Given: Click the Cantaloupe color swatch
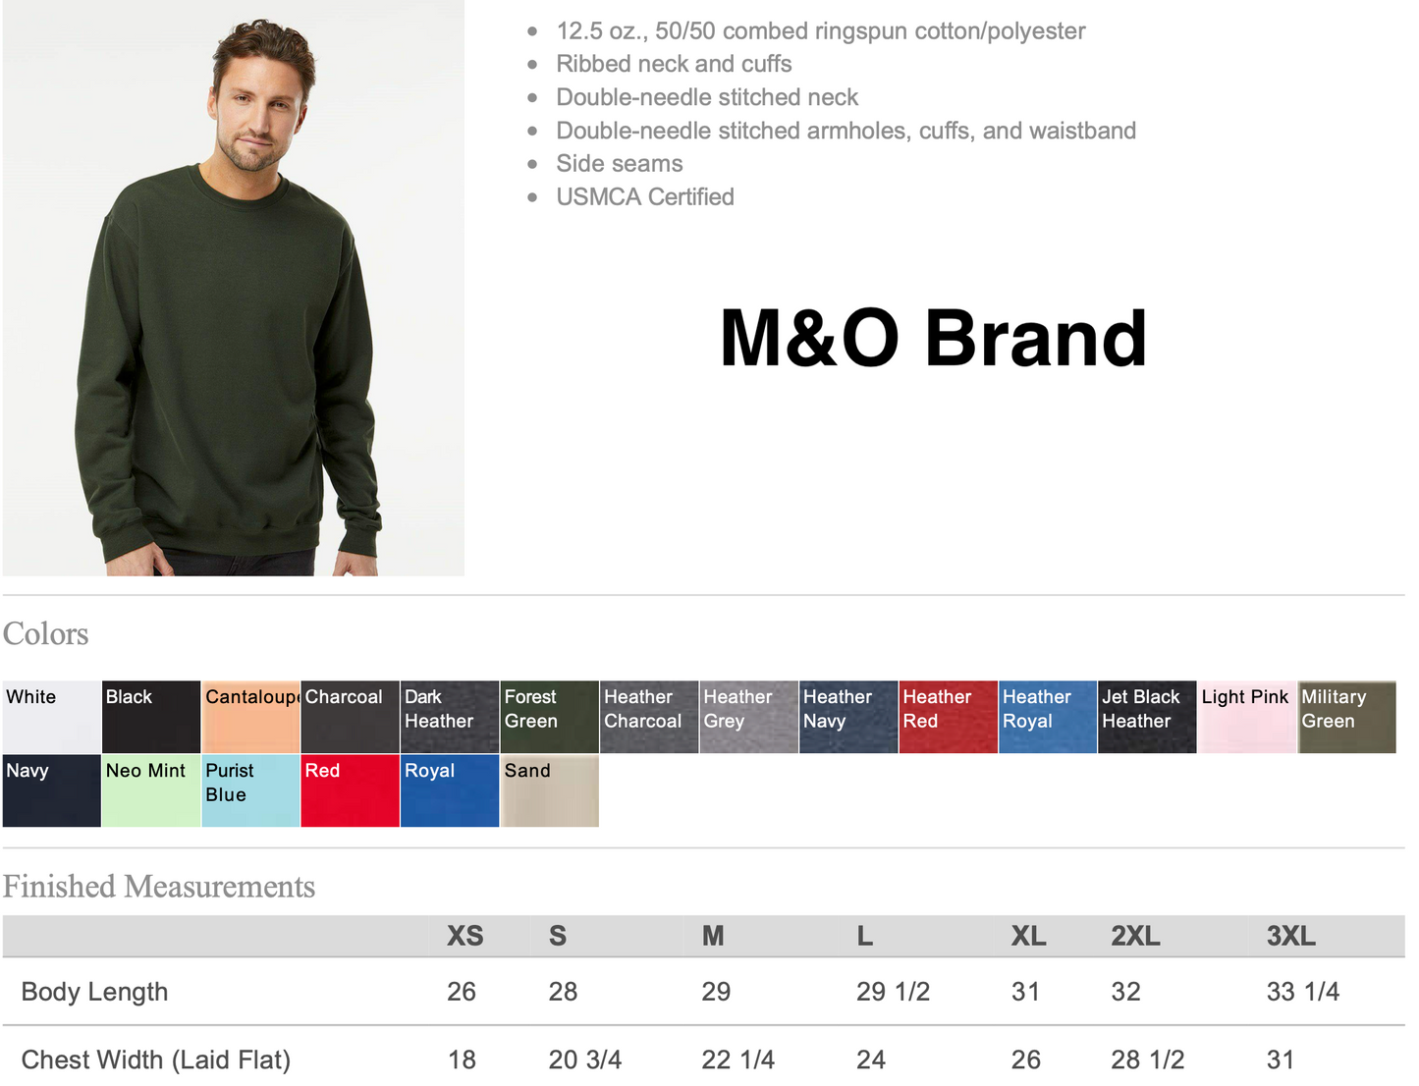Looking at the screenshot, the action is pyautogui.click(x=250, y=717).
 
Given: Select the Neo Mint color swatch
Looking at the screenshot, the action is pyautogui.click(x=151, y=790).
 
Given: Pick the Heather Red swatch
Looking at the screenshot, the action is pyautogui.click(x=949, y=717).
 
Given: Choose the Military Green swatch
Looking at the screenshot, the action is pyautogui.click(x=1346, y=717).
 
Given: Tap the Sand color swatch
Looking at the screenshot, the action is pyautogui.click(x=550, y=790).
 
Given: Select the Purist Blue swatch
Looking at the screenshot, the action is pyautogui.click(x=250, y=790).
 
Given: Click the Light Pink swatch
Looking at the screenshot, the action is pyautogui.click(x=1247, y=717).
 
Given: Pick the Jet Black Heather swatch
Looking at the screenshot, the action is pyautogui.click(x=1148, y=717).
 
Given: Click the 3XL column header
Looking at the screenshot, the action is pyautogui.click(x=1291, y=936).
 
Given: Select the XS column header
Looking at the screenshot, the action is pyautogui.click(x=464, y=936).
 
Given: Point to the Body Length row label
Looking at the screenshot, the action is pyautogui.click(x=94, y=993).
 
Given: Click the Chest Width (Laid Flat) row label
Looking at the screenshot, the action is pyautogui.click(x=156, y=1060).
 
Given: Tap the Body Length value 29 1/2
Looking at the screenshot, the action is pyautogui.click(x=893, y=992).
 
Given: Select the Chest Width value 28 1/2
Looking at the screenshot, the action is pyautogui.click(x=1148, y=1060).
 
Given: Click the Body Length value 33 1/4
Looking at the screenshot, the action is pyautogui.click(x=1303, y=992).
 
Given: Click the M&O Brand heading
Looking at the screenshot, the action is pyautogui.click(x=933, y=338).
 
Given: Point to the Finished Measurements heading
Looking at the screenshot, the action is pyautogui.click(x=159, y=887).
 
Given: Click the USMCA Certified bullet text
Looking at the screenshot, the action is pyautogui.click(x=645, y=196).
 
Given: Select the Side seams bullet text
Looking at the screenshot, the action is pyautogui.click(x=620, y=164).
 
